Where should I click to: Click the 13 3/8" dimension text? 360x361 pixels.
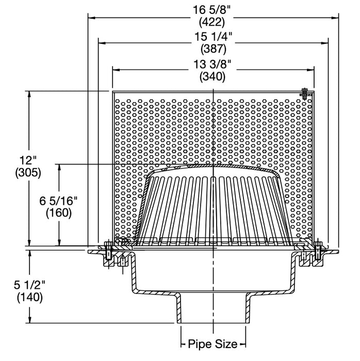point(212,64)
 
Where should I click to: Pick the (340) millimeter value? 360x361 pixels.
point(212,77)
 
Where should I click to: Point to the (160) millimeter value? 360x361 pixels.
point(59,212)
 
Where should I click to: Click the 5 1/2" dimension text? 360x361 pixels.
point(29,285)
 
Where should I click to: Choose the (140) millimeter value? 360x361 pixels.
point(29,297)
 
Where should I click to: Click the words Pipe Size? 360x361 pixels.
point(212,343)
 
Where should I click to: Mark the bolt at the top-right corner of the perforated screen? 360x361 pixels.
point(305,94)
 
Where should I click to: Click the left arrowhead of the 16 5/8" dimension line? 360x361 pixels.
point(91,17)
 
